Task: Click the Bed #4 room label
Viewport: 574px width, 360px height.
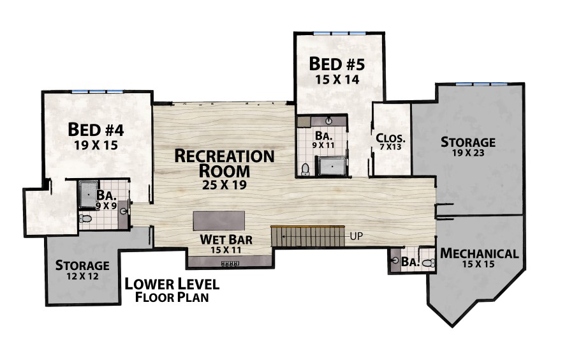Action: click(x=96, y=130)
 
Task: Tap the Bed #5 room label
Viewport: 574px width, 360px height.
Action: click(x=337, y=64)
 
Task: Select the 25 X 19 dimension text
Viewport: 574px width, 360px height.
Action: click(x=224, y=185)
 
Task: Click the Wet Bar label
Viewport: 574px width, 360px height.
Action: click(x=226, y=239)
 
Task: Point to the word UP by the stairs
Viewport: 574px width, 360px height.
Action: click(x=356, y=236)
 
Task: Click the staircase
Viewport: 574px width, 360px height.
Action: click(x=308, y=237)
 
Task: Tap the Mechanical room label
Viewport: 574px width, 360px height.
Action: click(x=479, y=253)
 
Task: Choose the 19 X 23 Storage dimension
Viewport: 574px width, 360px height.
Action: click(x=468, y=153)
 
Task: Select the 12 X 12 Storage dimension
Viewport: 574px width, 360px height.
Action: click(x=82, y=276)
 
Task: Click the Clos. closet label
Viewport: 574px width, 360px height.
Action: click(x=390, y=138)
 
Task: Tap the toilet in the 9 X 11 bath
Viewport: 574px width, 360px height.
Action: click(x=305, y=169)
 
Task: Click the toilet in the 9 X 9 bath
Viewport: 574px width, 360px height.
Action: click(x=85, y=219)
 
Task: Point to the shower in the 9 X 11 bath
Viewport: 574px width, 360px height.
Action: click(x=332, y=166)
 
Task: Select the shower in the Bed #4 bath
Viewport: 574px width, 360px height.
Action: click(x=87, y=194)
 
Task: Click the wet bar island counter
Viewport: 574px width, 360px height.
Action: click(x=219, y=220)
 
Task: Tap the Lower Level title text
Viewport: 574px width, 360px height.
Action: click(x=172, y=284)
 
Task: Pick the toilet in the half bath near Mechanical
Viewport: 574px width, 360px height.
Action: click(x=429, y=262)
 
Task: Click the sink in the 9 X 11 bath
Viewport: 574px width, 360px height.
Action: click(x=328, y=121)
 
